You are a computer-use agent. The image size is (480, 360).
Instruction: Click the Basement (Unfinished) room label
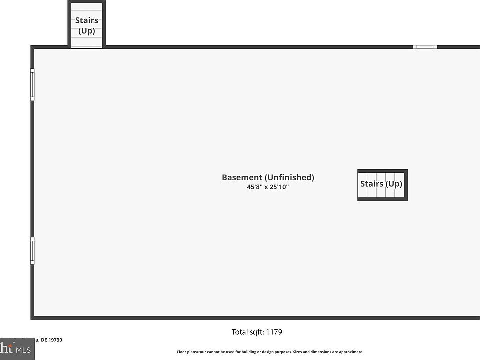pyautogui.click(x=268, y=177)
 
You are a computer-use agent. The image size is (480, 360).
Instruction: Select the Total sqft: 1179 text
pyautogui.click(x=257, y=332)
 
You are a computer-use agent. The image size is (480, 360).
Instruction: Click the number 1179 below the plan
pyautogui.click(x=274, y=332)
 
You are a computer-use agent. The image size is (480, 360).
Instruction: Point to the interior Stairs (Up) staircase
pyautogui.click(x=382, y=184)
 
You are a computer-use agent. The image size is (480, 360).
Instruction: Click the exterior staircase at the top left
pyautogui.click(x=86, y=25)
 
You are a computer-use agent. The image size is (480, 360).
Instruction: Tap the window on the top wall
pyautogui.click(x=425, y=47)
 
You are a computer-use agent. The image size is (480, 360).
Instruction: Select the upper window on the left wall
pyautogui.click(x=33, y=84)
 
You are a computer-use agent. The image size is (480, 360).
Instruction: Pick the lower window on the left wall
pyautogui.click(x=33, y=250)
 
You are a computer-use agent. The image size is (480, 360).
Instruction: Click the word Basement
pyautogui.click(x=242, y=177)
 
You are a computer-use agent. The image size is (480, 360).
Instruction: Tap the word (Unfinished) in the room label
pyautogui.click(x=289, y=177)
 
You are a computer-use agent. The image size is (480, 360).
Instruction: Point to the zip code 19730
pyautogui.click(x=55, y=340)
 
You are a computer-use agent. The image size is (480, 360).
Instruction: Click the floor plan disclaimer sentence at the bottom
pyautogui.click(x=270, y=352)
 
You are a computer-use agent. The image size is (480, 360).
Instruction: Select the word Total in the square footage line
pyautogui.click(x=240, y=332)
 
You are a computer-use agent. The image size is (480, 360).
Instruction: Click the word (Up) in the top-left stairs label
pyautogui.click(x=86, y=31)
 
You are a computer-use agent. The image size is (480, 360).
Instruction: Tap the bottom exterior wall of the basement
pyautogui.click(x=250, y=317)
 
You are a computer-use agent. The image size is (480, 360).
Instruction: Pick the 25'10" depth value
pyautogui.click(x=280, y=187)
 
